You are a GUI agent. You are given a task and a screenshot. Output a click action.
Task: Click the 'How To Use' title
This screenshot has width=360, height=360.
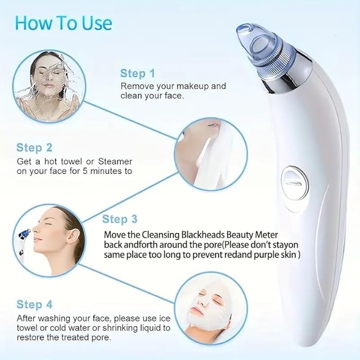64,23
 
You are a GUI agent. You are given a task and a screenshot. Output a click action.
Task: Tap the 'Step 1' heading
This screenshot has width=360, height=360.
137,73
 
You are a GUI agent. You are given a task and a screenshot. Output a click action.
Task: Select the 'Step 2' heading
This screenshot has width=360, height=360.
34,147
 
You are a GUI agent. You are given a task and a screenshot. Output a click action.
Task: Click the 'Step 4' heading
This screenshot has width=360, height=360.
34,304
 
